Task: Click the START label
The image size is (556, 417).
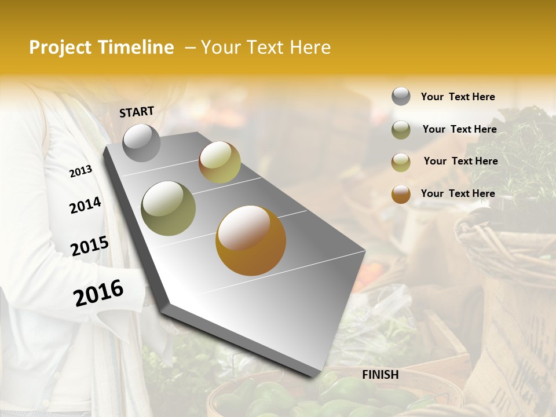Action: [x=137, y=112]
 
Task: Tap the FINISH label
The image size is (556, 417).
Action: [x=380, y=375]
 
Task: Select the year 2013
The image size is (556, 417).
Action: [x=81, y=171]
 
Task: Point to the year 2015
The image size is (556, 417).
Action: [x=90, y=246]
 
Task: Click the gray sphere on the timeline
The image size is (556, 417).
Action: [x=141, y=142]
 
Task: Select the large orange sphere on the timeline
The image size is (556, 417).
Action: [x=250, y=240]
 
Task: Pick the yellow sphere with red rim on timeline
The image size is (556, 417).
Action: [x=220, y=162]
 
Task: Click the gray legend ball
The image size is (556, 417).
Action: [x=401, y=97]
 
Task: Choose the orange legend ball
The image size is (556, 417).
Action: [x=401, y=194]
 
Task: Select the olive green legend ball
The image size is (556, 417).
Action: [x=401, y=130]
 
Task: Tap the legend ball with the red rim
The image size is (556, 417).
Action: [x=401, y=162]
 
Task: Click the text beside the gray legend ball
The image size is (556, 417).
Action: [x=458, y=97]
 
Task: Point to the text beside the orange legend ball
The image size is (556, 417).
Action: [x=458, y=193]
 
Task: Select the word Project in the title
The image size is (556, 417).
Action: [x=61, y=47]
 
